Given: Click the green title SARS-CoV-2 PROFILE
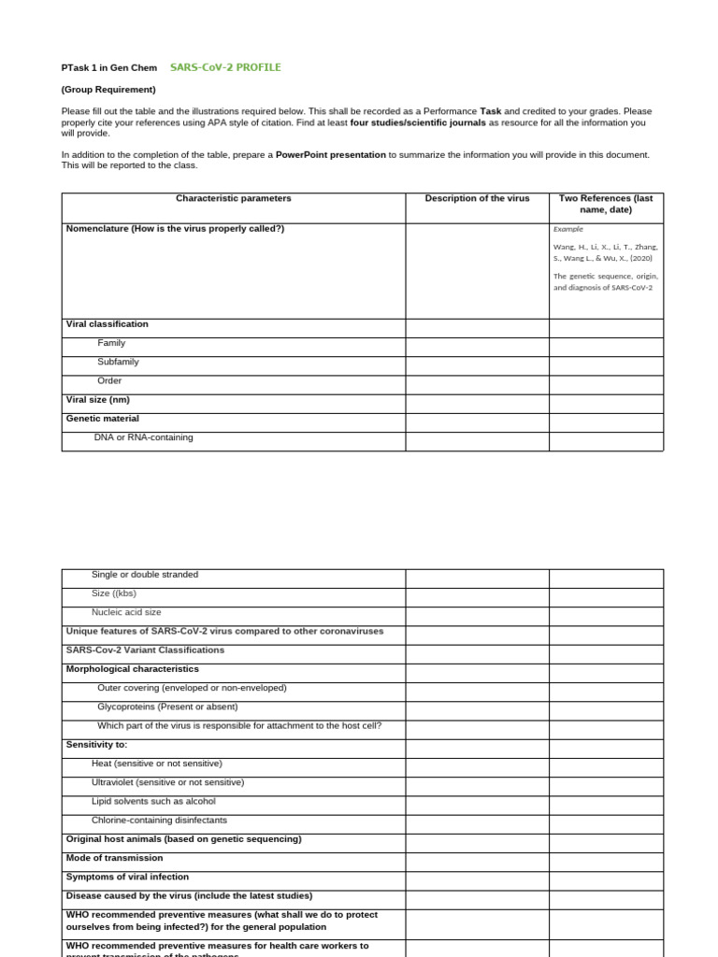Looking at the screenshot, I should pyautogui.click(x=225, y=67).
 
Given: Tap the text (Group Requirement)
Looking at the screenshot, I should pyautogui.click(x=108, y=90).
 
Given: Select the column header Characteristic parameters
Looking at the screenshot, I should pyautogui.click(x=233, y=198).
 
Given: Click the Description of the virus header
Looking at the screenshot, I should pyautogui.click(x=477, y=198).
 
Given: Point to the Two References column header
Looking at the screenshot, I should pyautogui.click(x=606, y=204).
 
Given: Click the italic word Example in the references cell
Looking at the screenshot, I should pyautogui.click(x=567, y=228).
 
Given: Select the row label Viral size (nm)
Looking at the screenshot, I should pyautogui.click(x=98, y=399).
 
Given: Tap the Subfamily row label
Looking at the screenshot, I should pyautogui.click(x=118, y=362).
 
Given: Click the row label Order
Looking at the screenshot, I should pyautogui.click(x=109, y=380).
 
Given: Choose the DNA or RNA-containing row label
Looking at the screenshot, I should pyautogui.click(x=143, y=437).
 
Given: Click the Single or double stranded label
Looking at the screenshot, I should pyautogui.click(x=145, y=575).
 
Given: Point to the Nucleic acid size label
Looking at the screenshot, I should pyautogui.click(x=126, y=612).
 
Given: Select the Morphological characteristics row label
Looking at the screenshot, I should pyautogui.click(x=132, y=669).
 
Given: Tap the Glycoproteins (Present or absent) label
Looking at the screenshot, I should pyautogui.click(x=167, y=707).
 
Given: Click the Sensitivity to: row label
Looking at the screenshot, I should pyautogui.click(x=96, y=745).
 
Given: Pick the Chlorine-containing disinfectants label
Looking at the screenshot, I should pyautogui.click(x=159, y=820).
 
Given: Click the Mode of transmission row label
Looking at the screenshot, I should pyautogui.click(x=114, y=858).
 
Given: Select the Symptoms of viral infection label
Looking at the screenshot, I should pyautogui.click(x=127, y=877).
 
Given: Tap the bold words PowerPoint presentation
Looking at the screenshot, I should pyautogui.click(x=331, y=154).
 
